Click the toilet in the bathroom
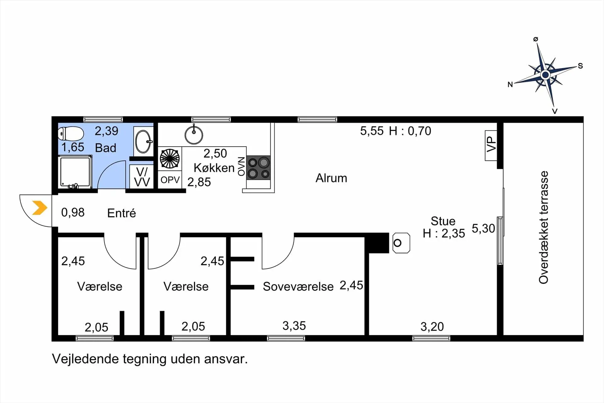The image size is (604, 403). [x=71, y=133]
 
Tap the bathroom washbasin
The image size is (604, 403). [x=143, y=141]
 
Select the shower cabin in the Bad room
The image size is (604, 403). [x=75, y=172]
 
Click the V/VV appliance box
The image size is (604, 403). [x=142, y=177]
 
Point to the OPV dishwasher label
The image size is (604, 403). [x=170, y=180]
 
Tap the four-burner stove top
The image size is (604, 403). [x=258, y=167]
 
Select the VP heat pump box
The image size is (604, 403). [x=491, y=145]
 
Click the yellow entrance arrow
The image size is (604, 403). [x=40, y=208]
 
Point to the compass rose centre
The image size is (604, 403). [x=545, y=75]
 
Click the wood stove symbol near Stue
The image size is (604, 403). [x=401, y=243]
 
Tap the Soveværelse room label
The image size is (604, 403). [x=298, y=287]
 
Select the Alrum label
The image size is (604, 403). [x=331, y=178]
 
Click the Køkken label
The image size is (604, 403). [x=214, y=168]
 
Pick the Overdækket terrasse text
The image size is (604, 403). [x=544, y=227]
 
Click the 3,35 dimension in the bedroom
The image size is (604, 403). [x=294, y=326]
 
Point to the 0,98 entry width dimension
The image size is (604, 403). [x=73, y=213]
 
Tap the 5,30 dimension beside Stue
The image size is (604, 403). [x=484, y=229]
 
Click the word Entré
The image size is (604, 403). [x=121, y=213]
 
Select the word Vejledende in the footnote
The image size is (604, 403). [x=85, y=359]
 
